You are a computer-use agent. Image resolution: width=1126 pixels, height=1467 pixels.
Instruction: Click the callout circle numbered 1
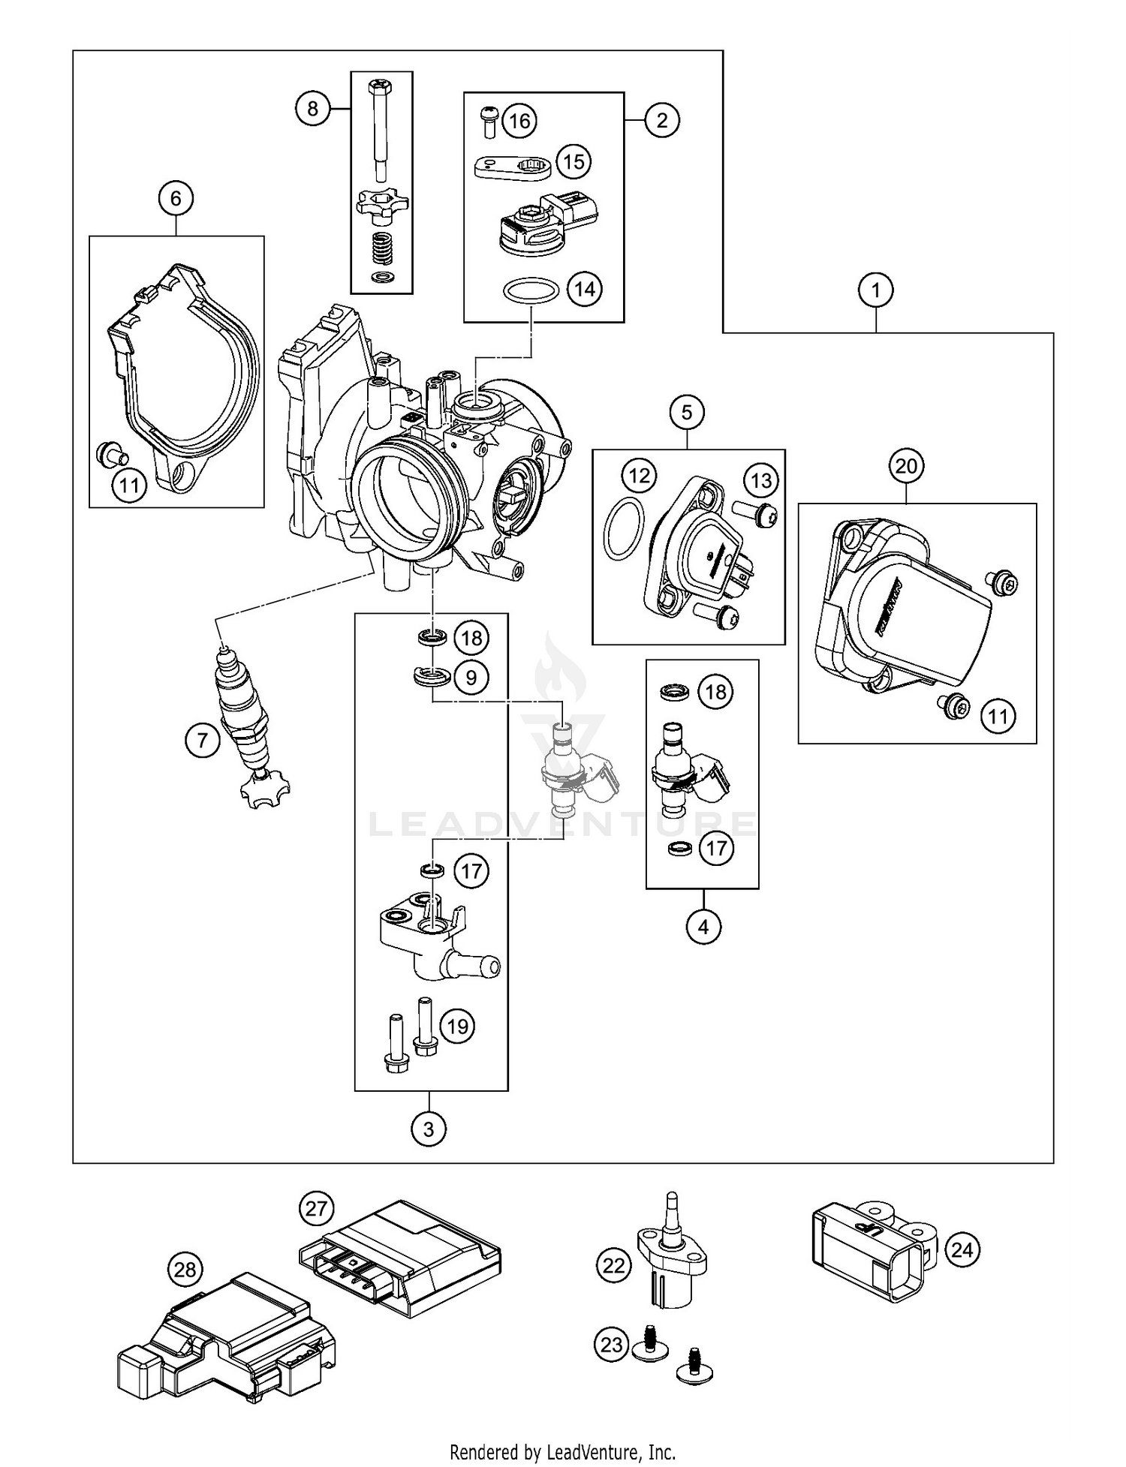coord(876,290)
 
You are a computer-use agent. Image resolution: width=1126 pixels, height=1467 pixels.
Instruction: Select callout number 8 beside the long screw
coord(312,109)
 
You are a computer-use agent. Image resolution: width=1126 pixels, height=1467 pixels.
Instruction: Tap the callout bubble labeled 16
coord(519,121)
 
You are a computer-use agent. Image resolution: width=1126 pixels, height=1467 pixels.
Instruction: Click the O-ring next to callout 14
coord(529,290)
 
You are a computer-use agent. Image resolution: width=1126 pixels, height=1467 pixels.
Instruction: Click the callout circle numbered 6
coord(176,198)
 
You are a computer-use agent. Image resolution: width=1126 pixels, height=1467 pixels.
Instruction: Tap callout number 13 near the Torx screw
coord(761,480)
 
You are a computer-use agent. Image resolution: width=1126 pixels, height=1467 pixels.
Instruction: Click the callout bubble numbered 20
coord(906,467)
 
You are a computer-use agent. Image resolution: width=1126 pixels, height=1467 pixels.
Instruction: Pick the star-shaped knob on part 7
coord(265,791)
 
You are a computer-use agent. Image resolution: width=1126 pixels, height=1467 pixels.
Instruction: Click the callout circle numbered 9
coord(471,678)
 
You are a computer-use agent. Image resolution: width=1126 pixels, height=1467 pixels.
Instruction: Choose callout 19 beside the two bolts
coord(457,1026)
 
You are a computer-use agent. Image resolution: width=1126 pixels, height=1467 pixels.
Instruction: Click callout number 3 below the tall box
coord(429,1129)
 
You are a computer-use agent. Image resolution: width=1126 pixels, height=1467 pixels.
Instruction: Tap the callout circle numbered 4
coord(703,927)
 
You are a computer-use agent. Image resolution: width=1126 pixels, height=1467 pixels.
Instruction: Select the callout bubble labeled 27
coord(317,1209)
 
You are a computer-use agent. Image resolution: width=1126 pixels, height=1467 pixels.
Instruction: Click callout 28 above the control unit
coord(185,1270)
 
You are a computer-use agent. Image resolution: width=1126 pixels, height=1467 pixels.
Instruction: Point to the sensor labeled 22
coord(670,1262)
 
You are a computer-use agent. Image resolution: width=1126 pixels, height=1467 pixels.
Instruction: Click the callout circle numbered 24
coord(962,1250)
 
